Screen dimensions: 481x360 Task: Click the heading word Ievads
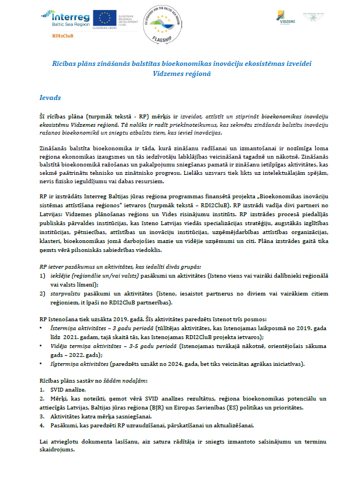pos(50,97)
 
